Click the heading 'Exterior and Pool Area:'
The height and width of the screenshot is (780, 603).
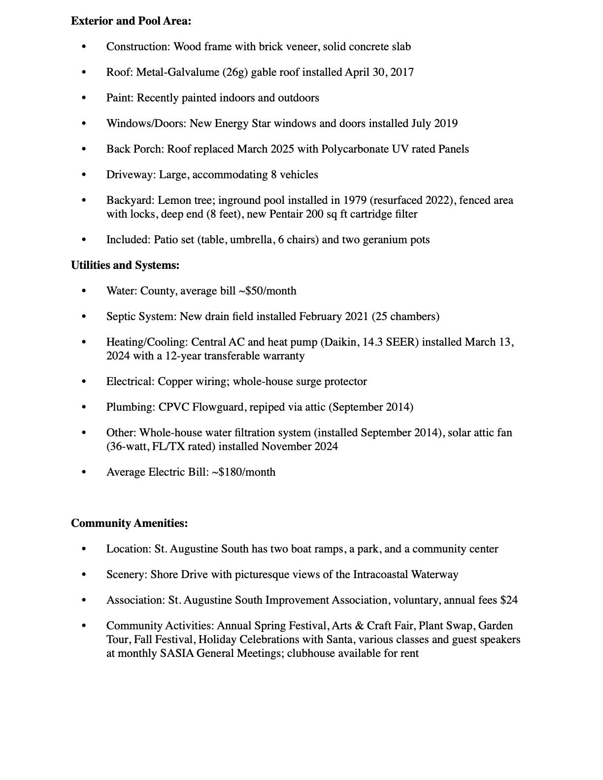click(x=131, y=21)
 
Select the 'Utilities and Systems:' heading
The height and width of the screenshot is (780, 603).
click(x=125, y=265)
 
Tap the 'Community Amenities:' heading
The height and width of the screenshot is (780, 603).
click(x=129, y=523)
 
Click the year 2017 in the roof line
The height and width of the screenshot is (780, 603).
click(x=402, y=72)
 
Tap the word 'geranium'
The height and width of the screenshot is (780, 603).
click(x=383, y=240)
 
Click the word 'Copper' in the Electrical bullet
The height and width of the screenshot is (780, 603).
click(x=174, y=382)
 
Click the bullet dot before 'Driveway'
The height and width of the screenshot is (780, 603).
click(x=84, y=175)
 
